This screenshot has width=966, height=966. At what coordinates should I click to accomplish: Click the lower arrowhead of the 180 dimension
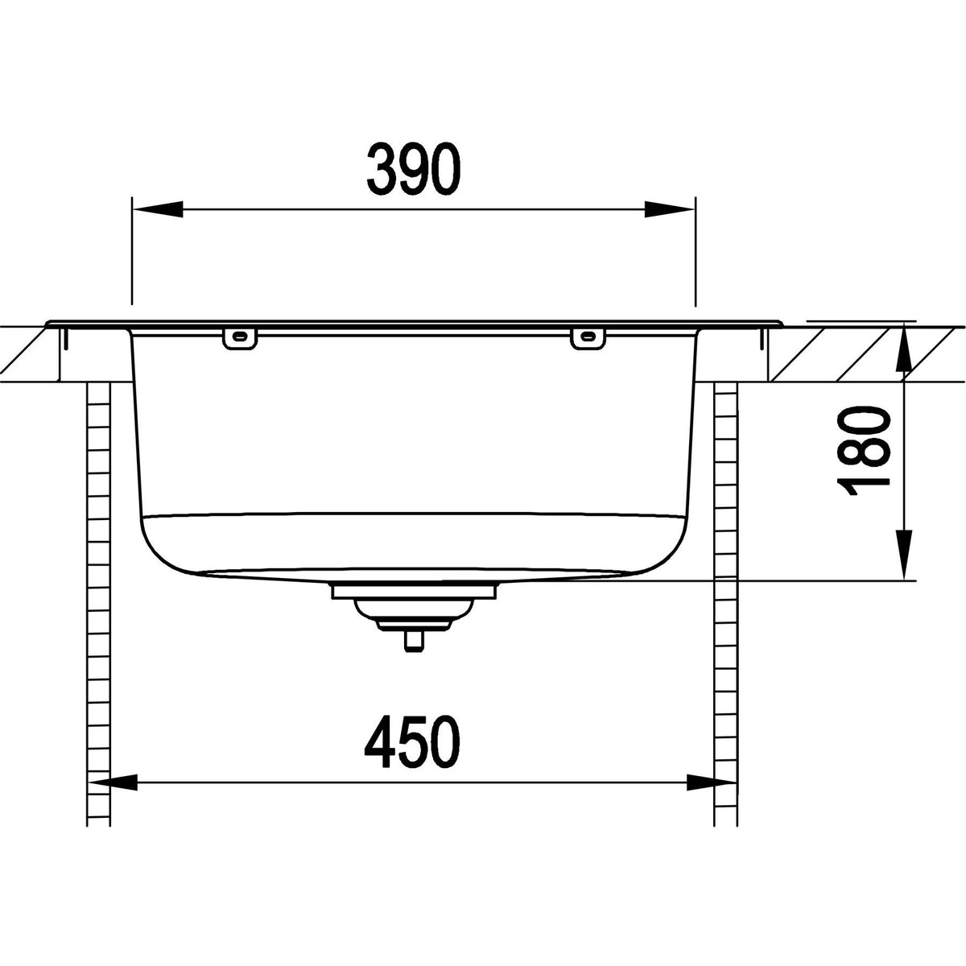click(x=904, y=555)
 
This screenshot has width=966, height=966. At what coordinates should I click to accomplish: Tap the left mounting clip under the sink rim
click(x=238, y=338)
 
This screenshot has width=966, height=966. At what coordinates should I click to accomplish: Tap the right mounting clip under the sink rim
click(x=587, y=338)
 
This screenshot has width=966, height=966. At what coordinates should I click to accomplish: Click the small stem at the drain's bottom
click(x=414, y=642)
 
